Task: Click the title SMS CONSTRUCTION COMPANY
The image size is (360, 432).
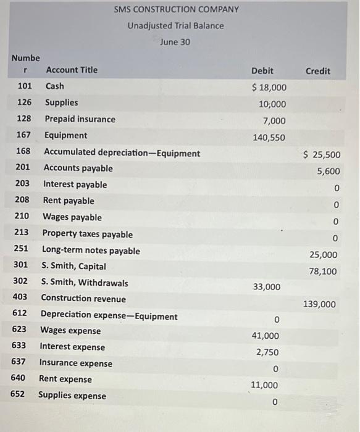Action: click(x=176, y=10)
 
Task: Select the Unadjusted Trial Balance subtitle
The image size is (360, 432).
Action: click(x=176, y=26)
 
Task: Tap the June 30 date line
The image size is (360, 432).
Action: click(x=175, y=42)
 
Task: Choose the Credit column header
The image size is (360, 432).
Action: click(x=317, y=71)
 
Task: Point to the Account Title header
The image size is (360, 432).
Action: click(x=72, y=70)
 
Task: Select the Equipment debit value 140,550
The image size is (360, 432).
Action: click(x=269, y=138)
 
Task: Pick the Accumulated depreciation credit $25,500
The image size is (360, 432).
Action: click(x=321, y=155)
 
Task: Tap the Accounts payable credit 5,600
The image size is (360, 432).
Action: click(x=328, y=172)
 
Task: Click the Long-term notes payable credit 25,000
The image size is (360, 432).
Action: click(x=323, y=254)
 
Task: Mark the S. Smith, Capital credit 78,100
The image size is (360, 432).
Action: click(x=323, y=271)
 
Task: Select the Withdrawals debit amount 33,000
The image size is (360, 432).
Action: click(x=266, y=287)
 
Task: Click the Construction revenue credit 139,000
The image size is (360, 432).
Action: click(x=319, y=304)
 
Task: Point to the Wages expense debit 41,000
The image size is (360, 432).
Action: click(x=266, y=336)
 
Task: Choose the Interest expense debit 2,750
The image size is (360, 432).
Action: click(x=268, y=352)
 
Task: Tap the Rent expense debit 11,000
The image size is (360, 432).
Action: click(x=266, y=385)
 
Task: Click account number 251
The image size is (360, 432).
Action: click(x=22, y=251)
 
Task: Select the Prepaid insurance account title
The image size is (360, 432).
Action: click(x=80, y=119)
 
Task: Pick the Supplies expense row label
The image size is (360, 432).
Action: click(x=72, y=396)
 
